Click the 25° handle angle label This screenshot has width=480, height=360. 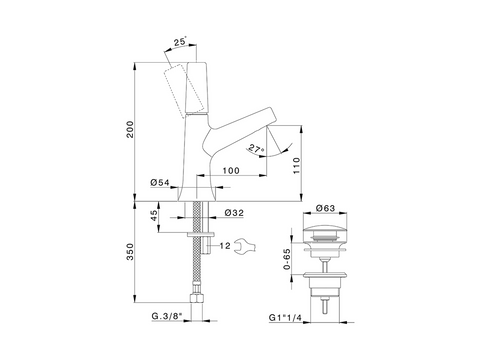coord(180,42)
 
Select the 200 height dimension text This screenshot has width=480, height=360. coord(130,129)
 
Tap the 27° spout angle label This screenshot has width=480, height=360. coord(256,149)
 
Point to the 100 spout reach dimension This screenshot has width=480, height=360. coord(231,170)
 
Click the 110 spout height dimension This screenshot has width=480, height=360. coord(296,166)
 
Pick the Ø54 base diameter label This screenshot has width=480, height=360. coord(160,182)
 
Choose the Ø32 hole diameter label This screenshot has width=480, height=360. coord(234,213)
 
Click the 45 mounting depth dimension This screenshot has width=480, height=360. coord(154,216)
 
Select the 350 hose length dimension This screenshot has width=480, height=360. coord(130,252)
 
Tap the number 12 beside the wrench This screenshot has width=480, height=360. coord(225,246)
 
